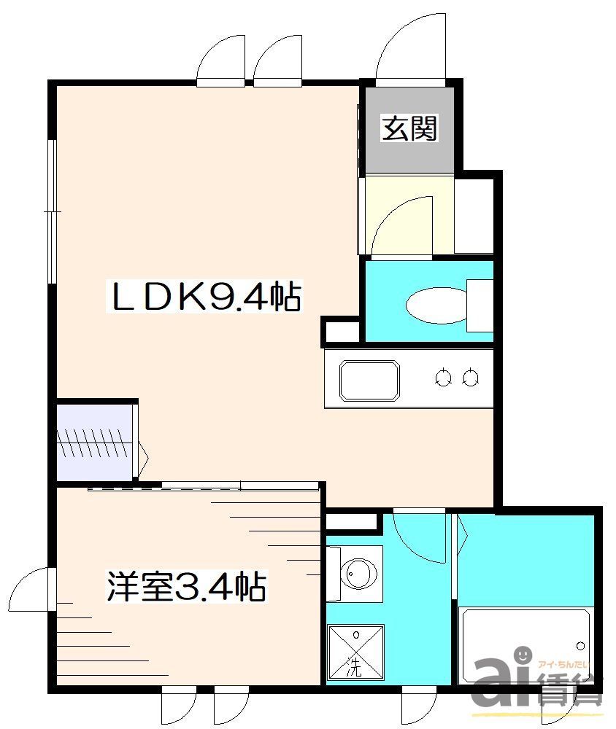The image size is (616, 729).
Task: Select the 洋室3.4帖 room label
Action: (185, 586)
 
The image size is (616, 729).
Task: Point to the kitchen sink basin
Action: (369, 379)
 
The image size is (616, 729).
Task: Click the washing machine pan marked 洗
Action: (354, 652)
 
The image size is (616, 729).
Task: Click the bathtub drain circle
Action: (581, 645)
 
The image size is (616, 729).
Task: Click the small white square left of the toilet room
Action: (342, 332)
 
